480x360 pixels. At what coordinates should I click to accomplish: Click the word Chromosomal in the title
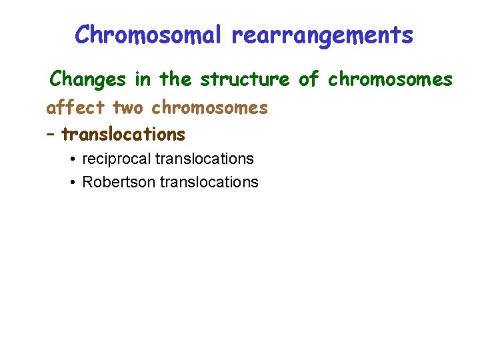pyautogui.click(x=149, y=35)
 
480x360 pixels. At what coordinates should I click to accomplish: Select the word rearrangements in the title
pyautogui.click(x=322, y=35)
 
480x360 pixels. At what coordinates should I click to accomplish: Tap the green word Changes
pyautogui.click(x=88, y=79)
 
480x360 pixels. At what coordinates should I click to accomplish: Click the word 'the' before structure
pyautogui.click(x=175, y=79)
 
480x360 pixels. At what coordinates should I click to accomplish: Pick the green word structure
pyautogui.click(x=245, y=80)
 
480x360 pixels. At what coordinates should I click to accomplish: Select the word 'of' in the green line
pyautogui.click(x=309, y=79)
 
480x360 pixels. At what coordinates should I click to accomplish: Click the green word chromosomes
pyautogui.click(x=390, y=79)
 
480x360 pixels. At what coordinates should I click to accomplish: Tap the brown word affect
pyautogui.click(x=76, y=107)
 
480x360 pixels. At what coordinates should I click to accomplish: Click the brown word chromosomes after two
pyautogui.click(x=209, y=107)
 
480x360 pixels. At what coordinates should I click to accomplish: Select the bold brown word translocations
pyautogui.click(x=123, y=135)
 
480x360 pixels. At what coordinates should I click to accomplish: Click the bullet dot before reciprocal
pyautogui.click(x=71, y=159)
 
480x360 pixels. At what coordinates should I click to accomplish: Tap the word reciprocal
pyautogui.click(x=116, y=159)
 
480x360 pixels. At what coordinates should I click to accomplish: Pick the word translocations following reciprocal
pyautogui.click(x=204, y=159)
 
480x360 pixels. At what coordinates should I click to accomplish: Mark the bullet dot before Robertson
pyautogui.click(x=71, y=183)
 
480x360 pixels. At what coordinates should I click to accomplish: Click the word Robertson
pyautogui.click(x=119, y=182)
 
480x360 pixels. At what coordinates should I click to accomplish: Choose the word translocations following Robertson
pyautogui.click(x=209, y=182)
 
